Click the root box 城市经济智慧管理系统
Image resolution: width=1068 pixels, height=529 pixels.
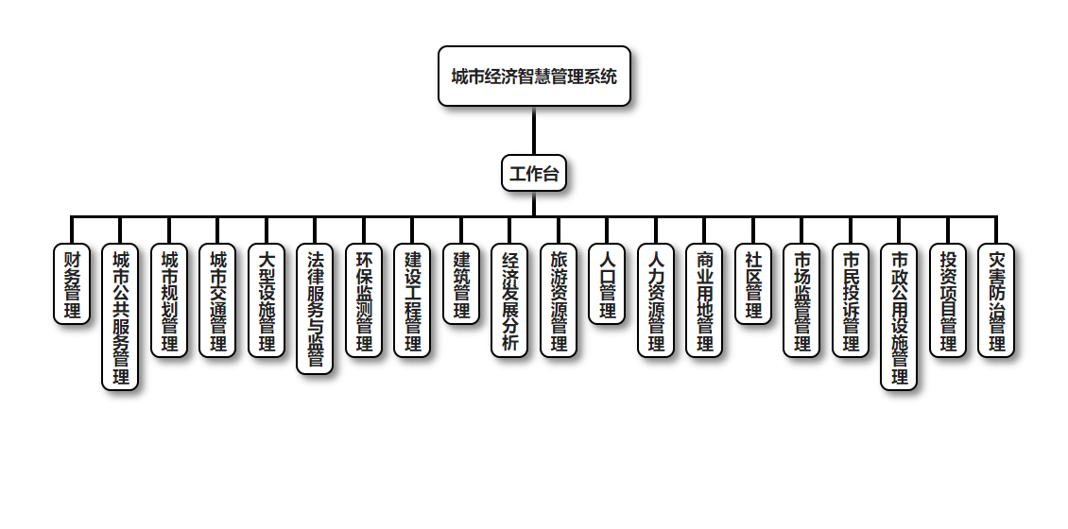[534, 76]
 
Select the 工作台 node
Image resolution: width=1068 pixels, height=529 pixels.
[534, 173]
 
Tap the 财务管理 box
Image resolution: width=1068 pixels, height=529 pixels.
[72, 284]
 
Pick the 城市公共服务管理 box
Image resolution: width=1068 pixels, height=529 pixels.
[120, 316]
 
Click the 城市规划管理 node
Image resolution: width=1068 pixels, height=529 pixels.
[169, 300]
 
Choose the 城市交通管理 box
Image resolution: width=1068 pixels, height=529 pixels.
[217, 300]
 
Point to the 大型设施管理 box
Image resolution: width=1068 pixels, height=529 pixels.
[267, 300]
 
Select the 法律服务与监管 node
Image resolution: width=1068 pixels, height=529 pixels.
[315, 309]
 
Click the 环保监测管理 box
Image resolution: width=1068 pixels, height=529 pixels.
[364, 300]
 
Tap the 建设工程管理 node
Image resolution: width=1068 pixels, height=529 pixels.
[412, 300]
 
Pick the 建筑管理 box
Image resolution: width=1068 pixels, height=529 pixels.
[461, 284]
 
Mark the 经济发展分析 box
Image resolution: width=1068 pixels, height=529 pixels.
[509, 300]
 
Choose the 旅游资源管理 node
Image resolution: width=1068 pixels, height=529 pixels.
[559, 300]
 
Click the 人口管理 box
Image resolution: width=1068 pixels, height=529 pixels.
[607, 284]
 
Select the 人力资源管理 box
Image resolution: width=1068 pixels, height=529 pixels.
[656, 300]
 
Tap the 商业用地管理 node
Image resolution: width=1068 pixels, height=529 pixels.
[704, 300]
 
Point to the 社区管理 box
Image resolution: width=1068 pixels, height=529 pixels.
[753, 284]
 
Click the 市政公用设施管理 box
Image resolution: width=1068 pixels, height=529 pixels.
[899, 316]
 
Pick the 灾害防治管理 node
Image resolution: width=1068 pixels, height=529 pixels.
[996, 300]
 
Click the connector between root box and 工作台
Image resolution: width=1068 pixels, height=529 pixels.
[534, 130]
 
